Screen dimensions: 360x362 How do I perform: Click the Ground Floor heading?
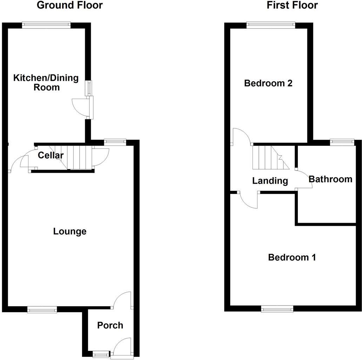[70, 5]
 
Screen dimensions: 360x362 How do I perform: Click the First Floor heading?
[292, 5]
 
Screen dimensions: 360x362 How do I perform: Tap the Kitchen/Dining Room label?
[46, 83]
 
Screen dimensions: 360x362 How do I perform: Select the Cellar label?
[51, 155]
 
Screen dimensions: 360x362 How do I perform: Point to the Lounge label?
[70, 231]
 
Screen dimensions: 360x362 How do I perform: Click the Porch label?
[110, 325]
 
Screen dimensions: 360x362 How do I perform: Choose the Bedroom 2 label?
[268, 83]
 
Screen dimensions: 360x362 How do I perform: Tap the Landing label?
[270, 181]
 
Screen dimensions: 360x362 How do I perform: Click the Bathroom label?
[330, 179]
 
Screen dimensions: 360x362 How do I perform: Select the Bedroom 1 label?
[292, 257]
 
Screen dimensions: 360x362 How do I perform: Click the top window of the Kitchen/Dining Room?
[46, 24]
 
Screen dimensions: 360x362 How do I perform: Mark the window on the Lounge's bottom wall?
[42, 309]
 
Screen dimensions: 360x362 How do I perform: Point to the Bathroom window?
[342, 142]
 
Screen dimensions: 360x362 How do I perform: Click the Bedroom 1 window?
[277, 309]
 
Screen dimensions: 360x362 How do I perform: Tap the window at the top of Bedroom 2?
[270, 24]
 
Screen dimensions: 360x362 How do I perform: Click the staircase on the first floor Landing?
[270, 157]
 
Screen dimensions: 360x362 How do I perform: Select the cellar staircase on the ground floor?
[75, 157]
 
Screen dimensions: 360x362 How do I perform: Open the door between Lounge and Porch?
[123, 300]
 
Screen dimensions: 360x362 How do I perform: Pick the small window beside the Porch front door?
[100, 354]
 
